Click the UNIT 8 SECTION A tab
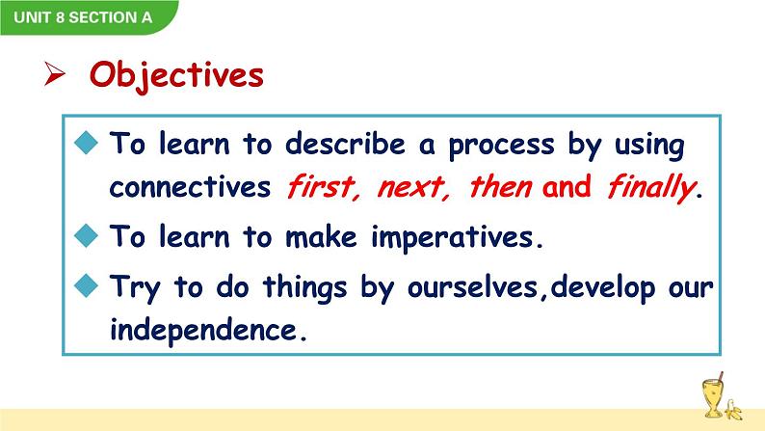75,16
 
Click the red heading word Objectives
176,74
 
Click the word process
500,145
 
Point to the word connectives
190,187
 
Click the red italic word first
322,187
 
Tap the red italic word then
500,187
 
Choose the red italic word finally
650,187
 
